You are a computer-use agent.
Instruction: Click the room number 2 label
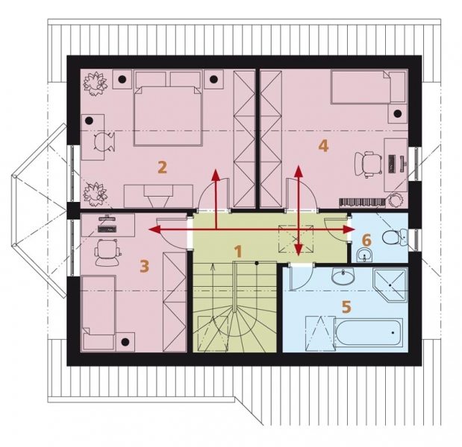click(163, 168)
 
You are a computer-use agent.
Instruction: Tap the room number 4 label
click(323, 146)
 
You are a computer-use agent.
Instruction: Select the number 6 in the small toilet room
click(366, 241)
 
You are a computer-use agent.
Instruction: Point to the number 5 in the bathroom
click(346, 307)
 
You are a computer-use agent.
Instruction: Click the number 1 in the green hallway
click(237, 252)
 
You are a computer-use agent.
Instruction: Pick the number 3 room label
click(144, 267)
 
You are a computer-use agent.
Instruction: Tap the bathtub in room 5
click(368, 332)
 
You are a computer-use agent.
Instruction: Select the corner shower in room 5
click(390, 285)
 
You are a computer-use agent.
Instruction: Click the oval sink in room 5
click(343, 276)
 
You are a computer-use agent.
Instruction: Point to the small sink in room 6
click(365, 256)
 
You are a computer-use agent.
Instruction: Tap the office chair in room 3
click(107, 253)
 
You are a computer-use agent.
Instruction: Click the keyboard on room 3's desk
click(107, 229)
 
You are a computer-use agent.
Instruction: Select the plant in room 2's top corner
click(95, 83)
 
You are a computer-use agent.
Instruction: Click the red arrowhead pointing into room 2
click(216, 174)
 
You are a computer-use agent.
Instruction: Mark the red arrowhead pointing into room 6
click(349, 229)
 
